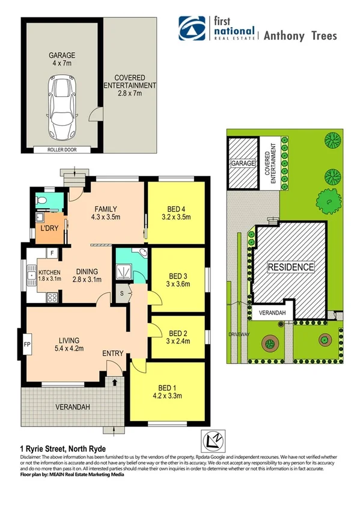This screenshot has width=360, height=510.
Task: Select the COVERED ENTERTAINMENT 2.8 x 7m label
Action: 127,85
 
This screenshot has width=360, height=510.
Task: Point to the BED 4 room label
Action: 175,212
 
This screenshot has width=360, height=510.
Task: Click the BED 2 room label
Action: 178,337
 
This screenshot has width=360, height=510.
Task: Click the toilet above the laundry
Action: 41,199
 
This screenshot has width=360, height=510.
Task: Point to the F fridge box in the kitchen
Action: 52,254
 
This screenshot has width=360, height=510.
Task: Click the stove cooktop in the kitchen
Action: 52,296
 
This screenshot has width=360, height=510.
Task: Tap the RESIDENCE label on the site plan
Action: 290,267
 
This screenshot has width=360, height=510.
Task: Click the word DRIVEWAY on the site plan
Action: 238,334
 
